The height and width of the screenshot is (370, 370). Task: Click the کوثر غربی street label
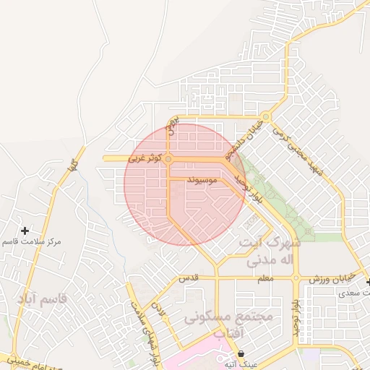point(146,157)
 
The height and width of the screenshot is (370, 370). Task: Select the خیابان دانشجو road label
point(241,139)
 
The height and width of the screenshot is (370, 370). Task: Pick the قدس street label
point(189,278)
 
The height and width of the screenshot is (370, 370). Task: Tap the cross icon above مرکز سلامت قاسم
point(25,230)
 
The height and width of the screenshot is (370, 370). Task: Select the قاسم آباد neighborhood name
point(43,298)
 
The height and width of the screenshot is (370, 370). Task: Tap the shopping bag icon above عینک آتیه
point(241,353)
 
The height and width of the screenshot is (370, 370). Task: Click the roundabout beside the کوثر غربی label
point(168,158)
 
